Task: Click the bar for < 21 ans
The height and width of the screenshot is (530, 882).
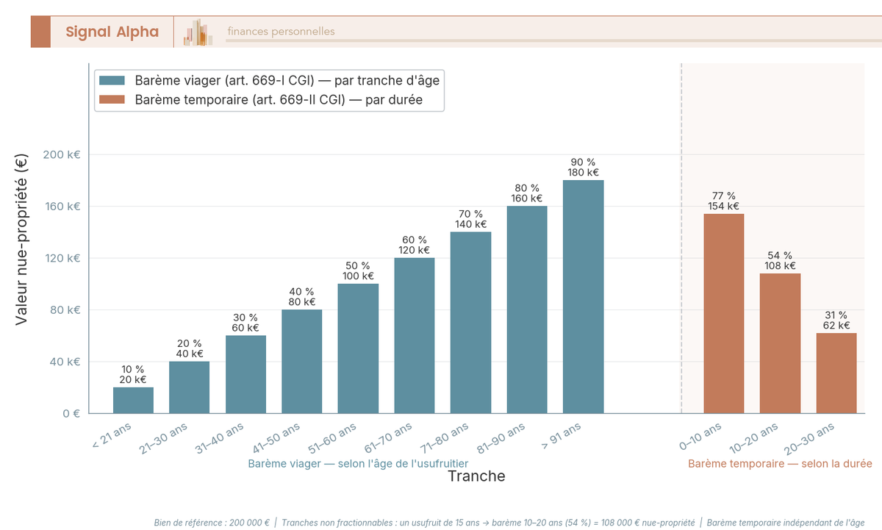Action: point(133,400)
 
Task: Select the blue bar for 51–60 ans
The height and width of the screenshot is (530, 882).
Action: point(358,348)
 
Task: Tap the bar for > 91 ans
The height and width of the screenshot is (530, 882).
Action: point(583,297)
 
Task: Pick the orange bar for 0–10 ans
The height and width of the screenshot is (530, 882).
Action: point(724,314)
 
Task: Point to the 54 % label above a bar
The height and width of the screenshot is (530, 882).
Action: point(780,255)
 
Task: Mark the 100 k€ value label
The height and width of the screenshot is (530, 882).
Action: point(358,276)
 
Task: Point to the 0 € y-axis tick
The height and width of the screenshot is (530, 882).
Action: point(71,413)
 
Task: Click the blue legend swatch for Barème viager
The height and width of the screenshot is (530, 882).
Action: point(112,80)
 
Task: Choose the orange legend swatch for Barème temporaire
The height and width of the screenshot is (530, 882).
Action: point(112,99)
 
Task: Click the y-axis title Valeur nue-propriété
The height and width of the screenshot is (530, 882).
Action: point(21,239)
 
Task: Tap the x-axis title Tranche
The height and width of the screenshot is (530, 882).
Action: point(476,476)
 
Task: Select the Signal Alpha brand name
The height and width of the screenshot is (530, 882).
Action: point(112,32)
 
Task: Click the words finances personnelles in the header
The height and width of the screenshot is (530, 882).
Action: point(281,32)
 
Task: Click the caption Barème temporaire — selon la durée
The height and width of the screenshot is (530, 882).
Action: point(780,464)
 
